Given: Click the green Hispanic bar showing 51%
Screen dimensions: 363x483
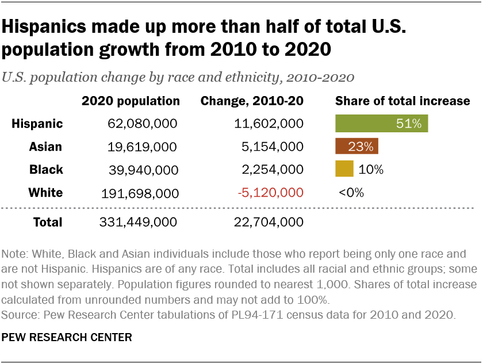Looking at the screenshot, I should click(382, 124).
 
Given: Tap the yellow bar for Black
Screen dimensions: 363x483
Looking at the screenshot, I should click(343, 170).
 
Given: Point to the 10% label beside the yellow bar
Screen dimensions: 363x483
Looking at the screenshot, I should click(370, 170).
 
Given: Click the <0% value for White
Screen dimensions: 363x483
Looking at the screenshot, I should click(351, 193).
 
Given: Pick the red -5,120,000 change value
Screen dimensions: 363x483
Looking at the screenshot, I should click(270, 193).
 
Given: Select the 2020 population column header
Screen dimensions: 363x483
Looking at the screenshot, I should click(131, 101).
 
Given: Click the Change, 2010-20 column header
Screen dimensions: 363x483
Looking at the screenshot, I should click(252, 101).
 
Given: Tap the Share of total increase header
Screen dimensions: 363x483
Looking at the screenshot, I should click(402, 101).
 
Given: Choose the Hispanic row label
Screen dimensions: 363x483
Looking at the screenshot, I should click(37, 124).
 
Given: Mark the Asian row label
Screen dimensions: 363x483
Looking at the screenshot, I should click(46, 147).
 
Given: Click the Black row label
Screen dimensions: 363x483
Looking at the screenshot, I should click(46, 170).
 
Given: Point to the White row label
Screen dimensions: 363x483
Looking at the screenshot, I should click(45, 193).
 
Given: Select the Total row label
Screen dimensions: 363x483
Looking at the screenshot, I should click(48, 221).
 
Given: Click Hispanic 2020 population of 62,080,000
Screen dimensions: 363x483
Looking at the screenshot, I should click(143, 124).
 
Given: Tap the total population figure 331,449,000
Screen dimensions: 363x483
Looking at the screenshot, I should click(139, 221).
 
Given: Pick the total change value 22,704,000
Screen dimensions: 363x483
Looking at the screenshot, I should click(269, 221).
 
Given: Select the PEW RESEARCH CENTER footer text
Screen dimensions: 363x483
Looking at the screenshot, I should click(67, 337).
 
